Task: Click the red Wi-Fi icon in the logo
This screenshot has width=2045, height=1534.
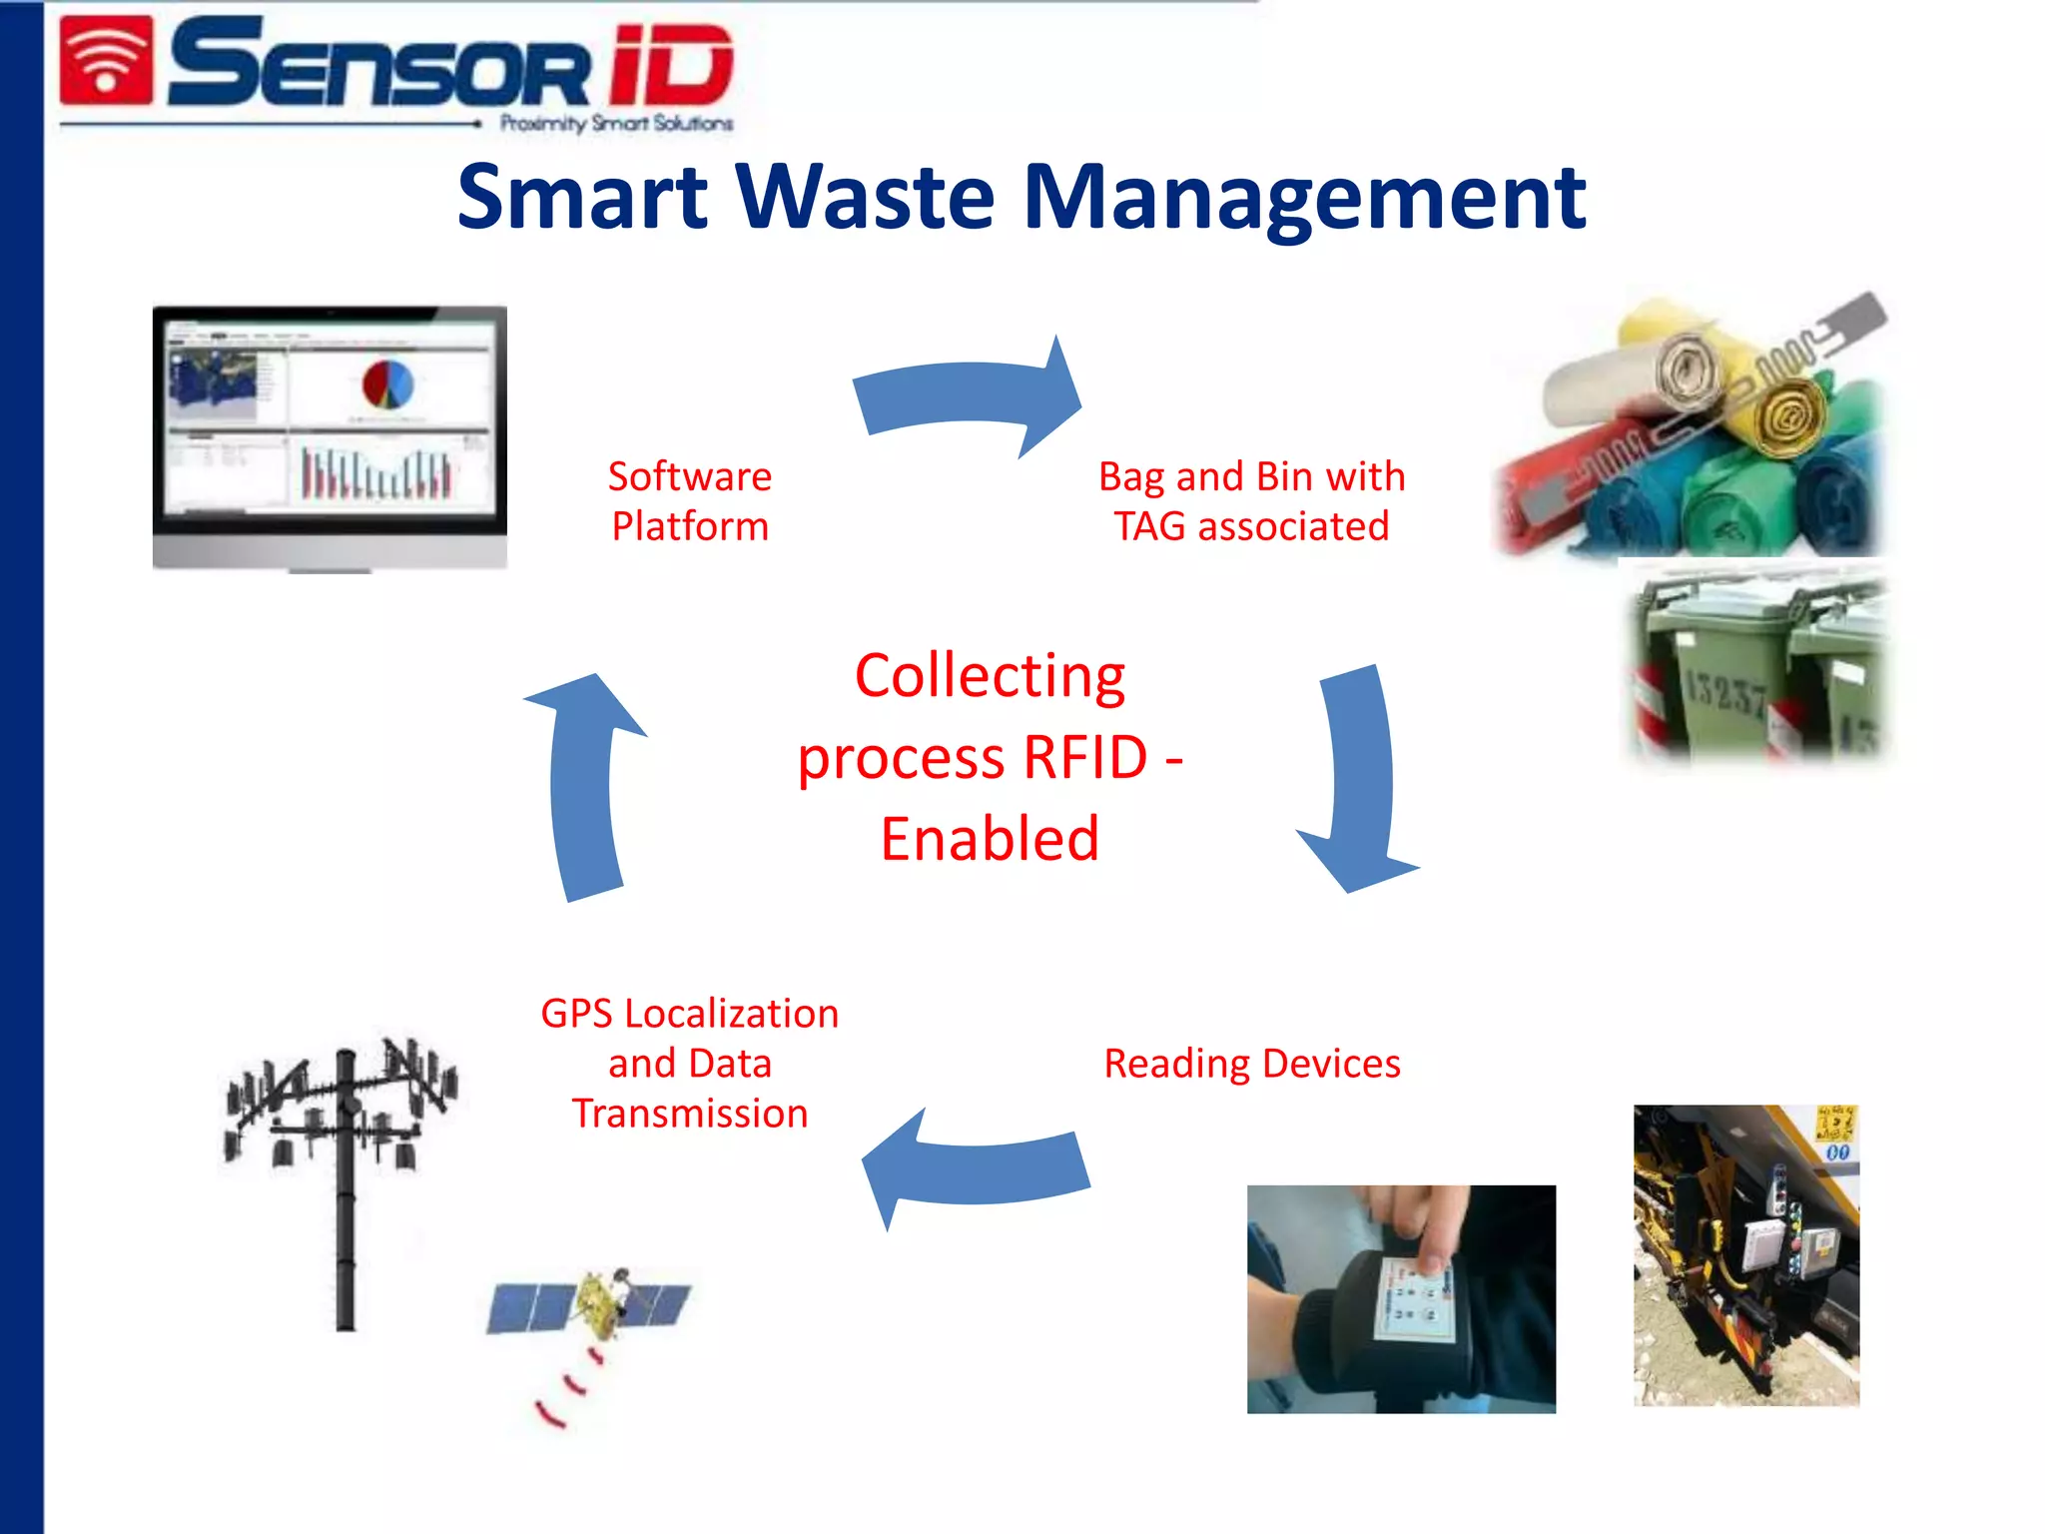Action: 107,61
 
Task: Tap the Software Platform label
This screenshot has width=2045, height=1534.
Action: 690,501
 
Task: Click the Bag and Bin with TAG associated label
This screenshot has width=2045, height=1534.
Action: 1251,501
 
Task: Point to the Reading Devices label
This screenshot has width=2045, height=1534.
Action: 1251,1064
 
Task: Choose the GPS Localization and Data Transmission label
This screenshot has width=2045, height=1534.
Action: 690,1064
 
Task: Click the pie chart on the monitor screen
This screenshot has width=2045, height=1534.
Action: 387,384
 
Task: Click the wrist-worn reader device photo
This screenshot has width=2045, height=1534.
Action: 1401,1298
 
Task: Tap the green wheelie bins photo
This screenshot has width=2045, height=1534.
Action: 1758,663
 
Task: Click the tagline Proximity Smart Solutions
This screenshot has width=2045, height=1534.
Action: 616,124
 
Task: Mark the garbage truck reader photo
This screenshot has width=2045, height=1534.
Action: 1746,1255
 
